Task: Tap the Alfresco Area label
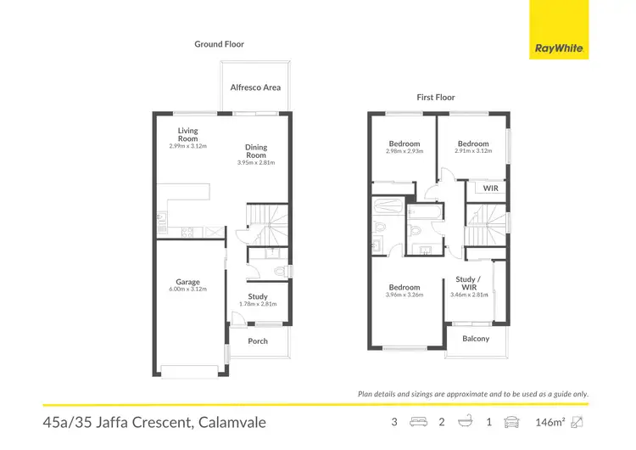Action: click(x=255, y=87)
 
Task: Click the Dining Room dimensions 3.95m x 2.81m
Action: click(x=255, y=162)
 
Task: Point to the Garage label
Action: click(x=187, y=282)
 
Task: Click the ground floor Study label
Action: click(x=258, y=296)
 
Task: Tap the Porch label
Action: click(x=258, y=341)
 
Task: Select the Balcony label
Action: click(x=476, y=339)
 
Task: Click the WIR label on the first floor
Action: click(x=491, y=188)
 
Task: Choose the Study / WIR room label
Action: click(x=468, y=282)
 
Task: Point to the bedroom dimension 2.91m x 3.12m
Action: click(x=473, y=151)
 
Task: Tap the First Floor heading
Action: click(x=436, y=98)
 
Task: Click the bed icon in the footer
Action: click(x=417, y=421)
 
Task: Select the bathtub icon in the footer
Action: click(x=466, y=421)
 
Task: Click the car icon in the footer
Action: click(x=511, y=421)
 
